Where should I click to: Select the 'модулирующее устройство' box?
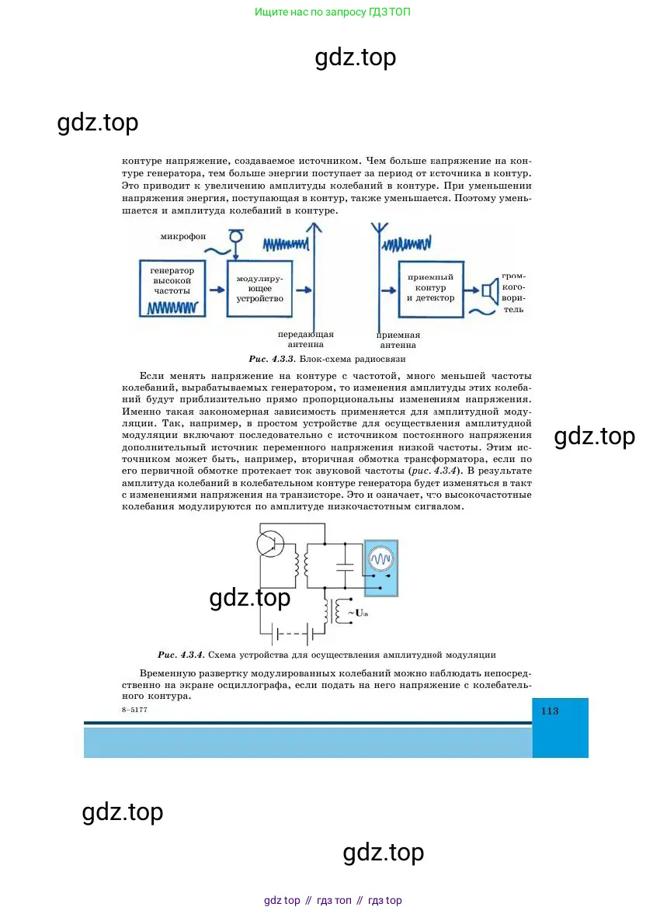coord(259,287)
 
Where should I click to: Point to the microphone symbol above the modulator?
coord(238,235)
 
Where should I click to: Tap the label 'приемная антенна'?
coord(398,340)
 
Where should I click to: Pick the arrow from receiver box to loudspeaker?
coord(469,290)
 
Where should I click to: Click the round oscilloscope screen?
coord(380,558)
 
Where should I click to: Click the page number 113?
coord(550,711)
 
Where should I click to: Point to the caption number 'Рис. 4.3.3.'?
coord(269,360)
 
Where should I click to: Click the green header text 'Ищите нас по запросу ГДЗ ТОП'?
coord(332,12)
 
